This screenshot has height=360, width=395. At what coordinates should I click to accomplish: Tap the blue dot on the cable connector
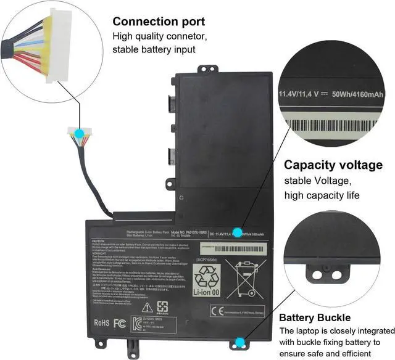pyautogui.click(x=80, y=133)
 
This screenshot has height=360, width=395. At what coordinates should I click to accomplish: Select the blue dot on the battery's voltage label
pyautogui.click(x=237, y=232)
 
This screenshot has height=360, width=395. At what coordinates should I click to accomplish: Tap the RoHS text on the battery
pyautogui.click(x=102, y=322)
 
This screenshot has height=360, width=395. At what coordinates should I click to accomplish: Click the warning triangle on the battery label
pyautogui.click(x=148, y=307)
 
